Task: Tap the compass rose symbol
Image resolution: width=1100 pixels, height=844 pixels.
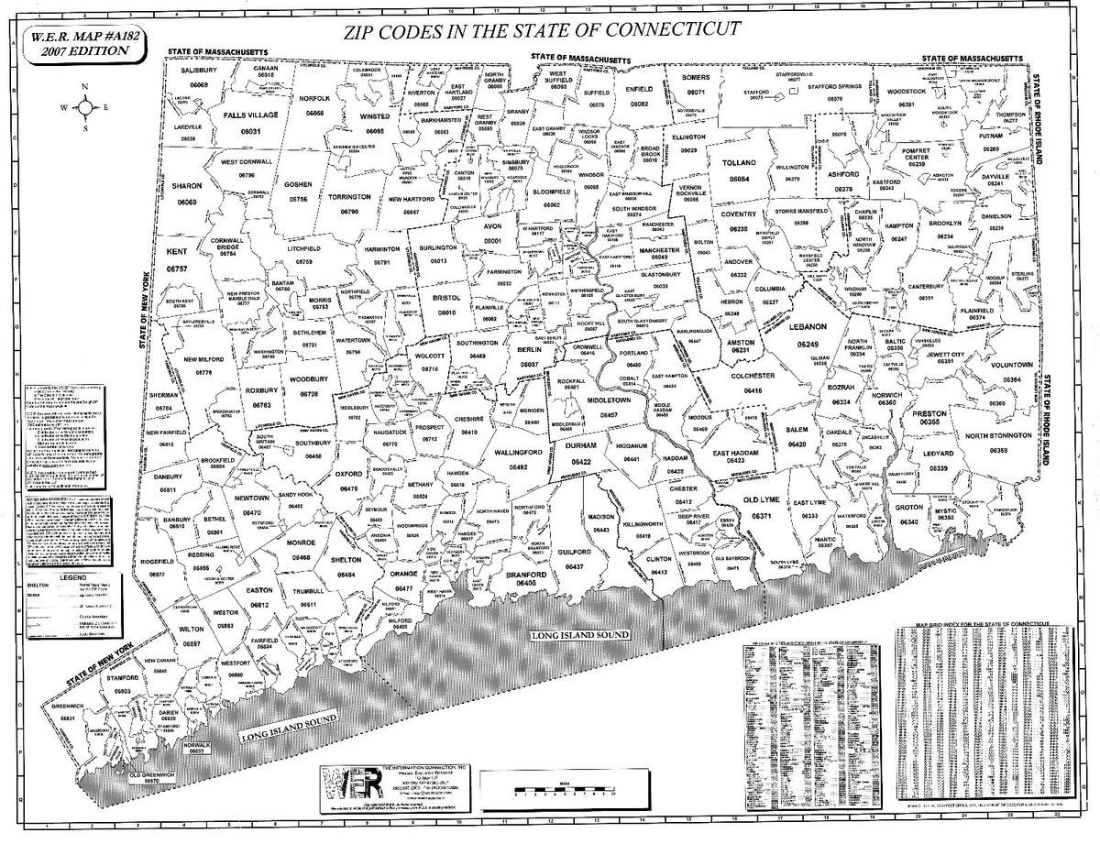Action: point(85,107)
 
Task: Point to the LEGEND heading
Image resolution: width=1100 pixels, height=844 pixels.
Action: point(72,577)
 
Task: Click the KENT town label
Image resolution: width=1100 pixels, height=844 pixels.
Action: point(177,250)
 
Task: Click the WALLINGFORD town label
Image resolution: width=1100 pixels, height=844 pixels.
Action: point(518,453)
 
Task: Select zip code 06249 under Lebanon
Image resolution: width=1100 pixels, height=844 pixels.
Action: point(808,344)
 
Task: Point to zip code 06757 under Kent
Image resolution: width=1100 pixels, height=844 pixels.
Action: point(177,269)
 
